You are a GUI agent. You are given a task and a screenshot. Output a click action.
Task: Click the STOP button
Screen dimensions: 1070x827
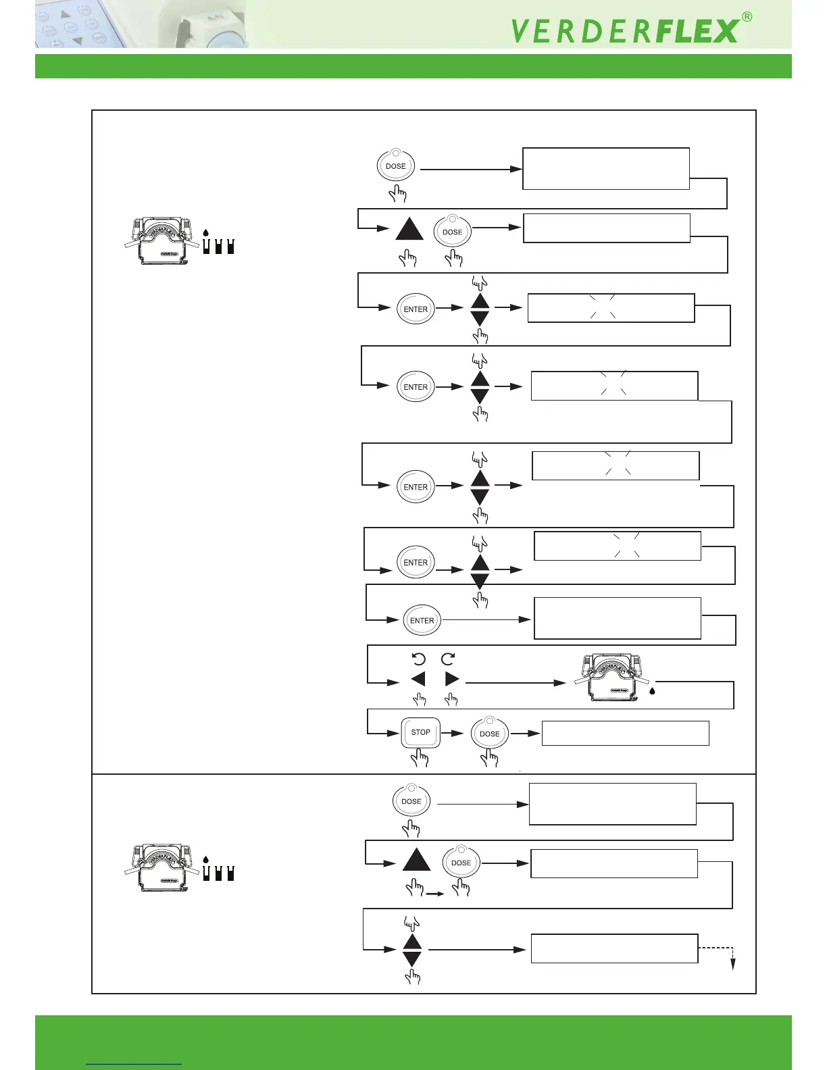click(x=420, y=732)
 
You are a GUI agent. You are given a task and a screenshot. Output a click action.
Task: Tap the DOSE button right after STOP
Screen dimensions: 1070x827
click(x=490, y=733)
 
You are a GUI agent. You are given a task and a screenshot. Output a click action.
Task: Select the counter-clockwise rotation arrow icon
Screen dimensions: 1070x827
click(x=419, y=659)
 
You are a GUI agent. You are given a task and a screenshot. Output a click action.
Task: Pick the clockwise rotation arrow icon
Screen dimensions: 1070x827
click(x=448, y=659)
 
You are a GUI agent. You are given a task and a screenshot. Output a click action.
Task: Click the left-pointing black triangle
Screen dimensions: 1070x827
click(x=418, y=679)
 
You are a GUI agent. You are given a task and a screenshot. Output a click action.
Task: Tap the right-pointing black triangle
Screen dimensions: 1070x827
click(x=452, y=679)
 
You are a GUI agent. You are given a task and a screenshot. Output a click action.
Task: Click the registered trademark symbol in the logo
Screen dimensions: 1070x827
click(x=747, y=18)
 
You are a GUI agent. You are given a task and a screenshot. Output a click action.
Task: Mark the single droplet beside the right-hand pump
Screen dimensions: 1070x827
click(x=652, y=691)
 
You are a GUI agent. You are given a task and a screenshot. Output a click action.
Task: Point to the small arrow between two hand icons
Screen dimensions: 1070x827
click(x=435, y=894)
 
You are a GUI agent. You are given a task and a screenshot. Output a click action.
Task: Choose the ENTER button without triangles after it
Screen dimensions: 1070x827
click(x=422, y=620)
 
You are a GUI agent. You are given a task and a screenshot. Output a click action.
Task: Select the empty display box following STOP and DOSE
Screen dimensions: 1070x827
click(x=625, y=733)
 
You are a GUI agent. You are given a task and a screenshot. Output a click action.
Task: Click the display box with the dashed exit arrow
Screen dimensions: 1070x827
click(x=613, y=948)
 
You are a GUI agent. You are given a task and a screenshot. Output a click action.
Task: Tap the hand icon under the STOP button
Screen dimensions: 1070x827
click(x=420, y=758)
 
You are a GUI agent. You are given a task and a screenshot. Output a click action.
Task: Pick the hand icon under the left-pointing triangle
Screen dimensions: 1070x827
click(x=420, y=699)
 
